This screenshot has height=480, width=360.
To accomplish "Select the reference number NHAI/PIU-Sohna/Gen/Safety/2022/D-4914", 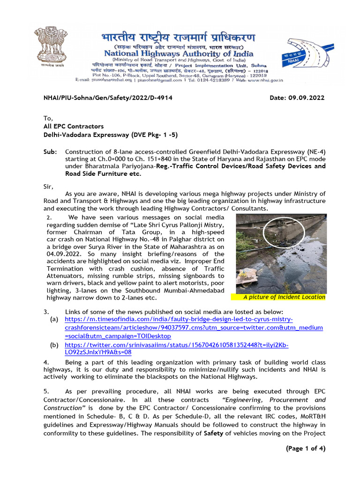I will click(x=108, y=98).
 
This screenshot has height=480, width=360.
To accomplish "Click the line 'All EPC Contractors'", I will click(x=74, y=127).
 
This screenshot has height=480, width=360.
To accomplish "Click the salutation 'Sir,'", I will click(x=49, y=186).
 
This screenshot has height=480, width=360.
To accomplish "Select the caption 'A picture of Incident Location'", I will click(x=284, y=297).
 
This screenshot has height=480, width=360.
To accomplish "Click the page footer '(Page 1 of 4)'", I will click(x=305, y=449).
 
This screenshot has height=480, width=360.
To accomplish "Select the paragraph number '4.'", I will click(x=46, y=362).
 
